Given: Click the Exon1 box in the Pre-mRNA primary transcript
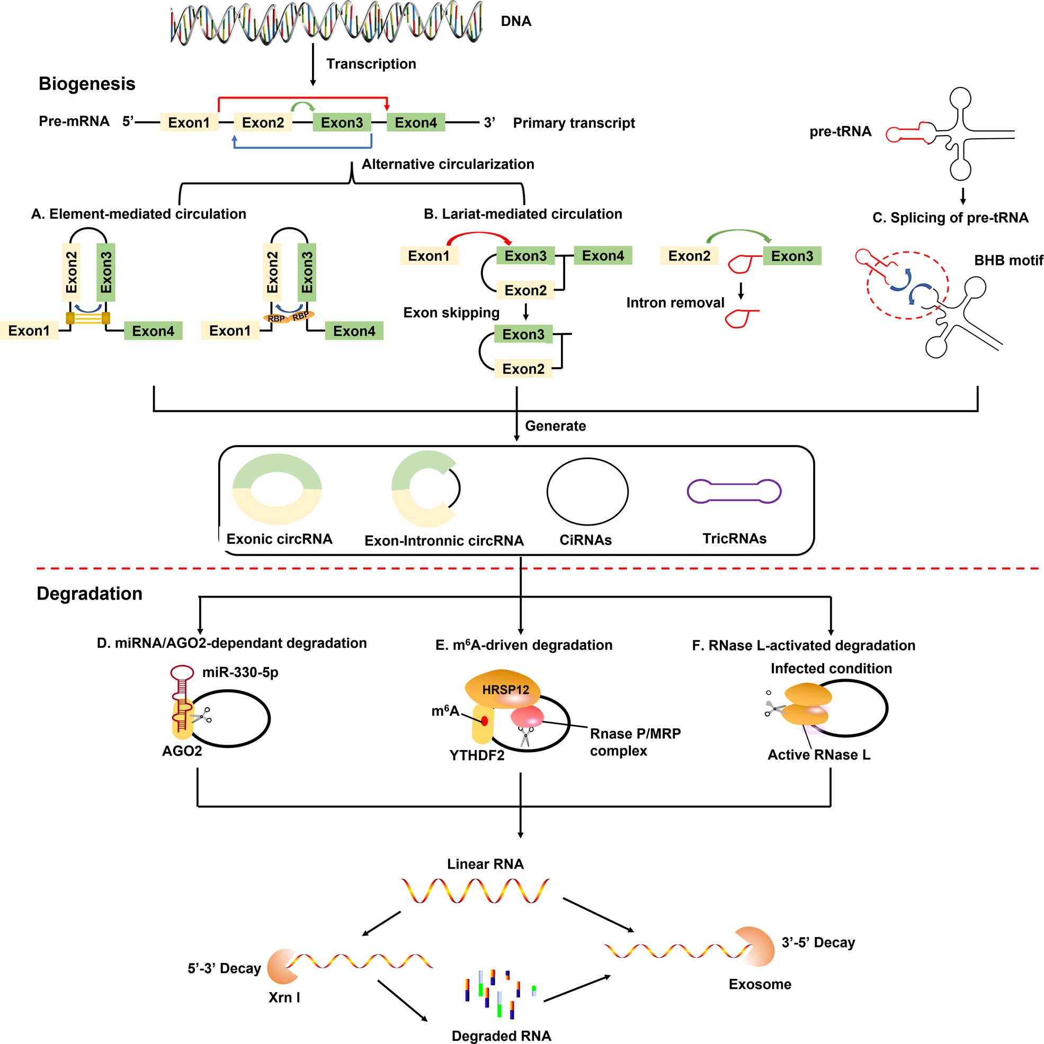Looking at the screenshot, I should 189,123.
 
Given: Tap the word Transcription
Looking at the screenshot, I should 371,64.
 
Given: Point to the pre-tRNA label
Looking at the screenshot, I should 840,131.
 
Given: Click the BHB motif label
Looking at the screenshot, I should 1008,261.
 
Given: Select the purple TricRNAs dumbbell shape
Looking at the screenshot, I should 734,491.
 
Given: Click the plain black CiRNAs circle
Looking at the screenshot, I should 587,491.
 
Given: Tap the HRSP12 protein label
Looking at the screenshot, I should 505,690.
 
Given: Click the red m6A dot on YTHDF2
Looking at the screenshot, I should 484,721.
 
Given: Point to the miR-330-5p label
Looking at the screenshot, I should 240,672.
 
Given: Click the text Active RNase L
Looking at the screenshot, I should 819,755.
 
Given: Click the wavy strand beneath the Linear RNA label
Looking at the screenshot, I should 475,890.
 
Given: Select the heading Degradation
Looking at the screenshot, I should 89,593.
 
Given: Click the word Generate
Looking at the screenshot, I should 555,426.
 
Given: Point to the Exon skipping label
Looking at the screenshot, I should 451,313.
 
